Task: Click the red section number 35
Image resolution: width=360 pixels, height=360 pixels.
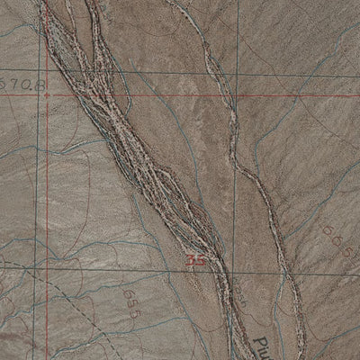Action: (x=196, y=261)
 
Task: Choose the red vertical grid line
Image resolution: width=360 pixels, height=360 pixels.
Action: (x=39, y=180)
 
